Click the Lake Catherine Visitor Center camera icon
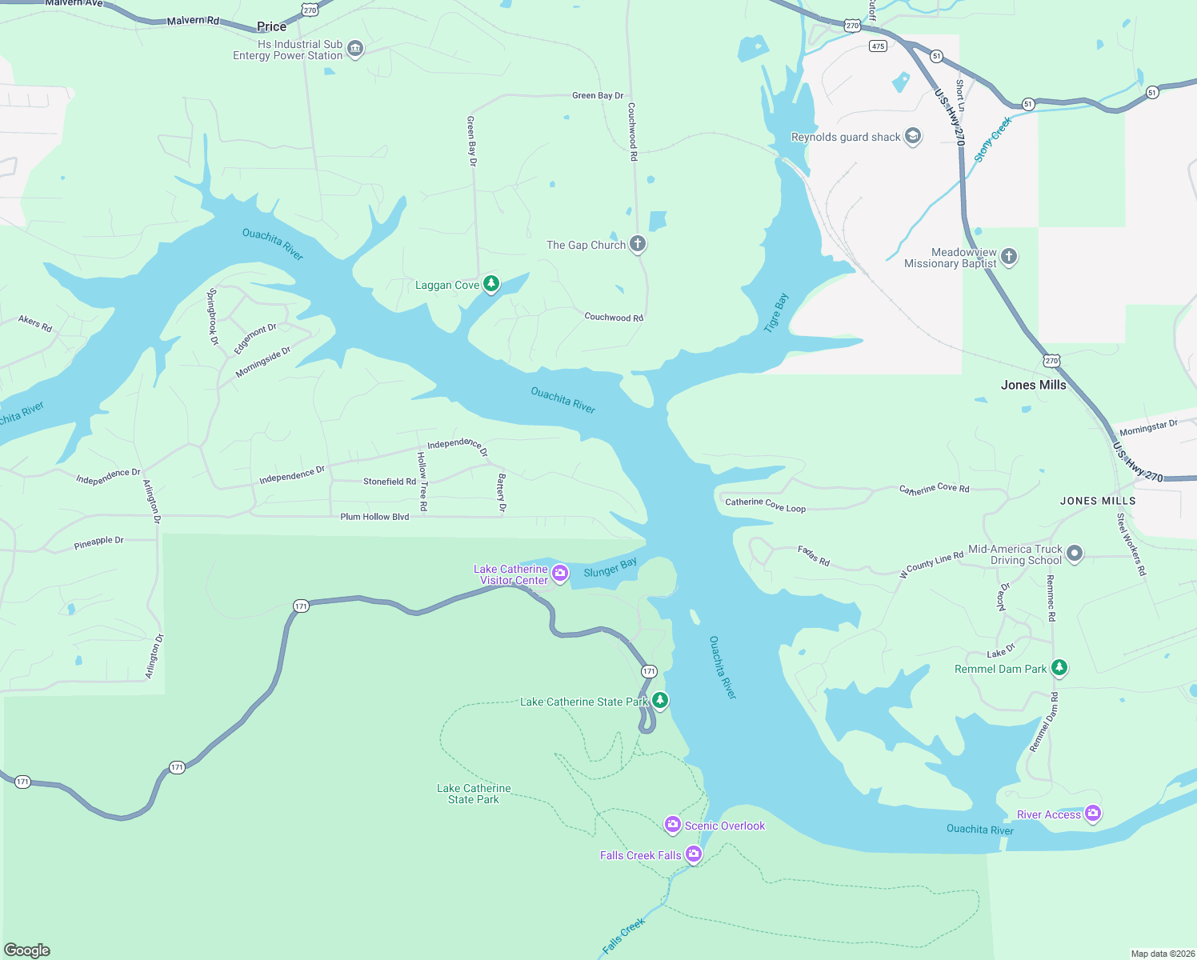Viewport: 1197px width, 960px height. point(560,572)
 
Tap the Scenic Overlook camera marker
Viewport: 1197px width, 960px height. point(673,824)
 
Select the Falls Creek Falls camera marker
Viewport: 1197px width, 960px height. point(694,854)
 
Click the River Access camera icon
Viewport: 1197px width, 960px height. point(1093,814)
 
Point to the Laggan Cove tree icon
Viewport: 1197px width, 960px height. point(491,283)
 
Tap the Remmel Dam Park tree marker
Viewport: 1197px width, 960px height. point(1059,667)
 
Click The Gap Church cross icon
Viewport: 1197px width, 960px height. point(638,243)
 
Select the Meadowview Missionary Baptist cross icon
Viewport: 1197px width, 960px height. point(1009,256)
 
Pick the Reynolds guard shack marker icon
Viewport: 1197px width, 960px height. point(913,136)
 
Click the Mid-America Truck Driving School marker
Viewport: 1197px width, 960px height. point(1075,553)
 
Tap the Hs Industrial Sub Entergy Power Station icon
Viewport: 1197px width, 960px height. point(355,49)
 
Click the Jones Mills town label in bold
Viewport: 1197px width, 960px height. point(1033,385)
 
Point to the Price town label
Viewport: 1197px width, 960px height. point(271,26)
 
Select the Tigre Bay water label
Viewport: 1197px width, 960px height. point(776,312)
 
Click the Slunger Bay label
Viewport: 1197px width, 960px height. point(611,567)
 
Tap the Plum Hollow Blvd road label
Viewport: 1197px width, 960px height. point(374,517)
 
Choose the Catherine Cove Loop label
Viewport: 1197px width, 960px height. point(765,505)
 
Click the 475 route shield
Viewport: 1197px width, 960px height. point(878,46)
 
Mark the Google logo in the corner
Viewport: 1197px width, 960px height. point(27,950)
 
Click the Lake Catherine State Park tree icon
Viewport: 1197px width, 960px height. point(659,700)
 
